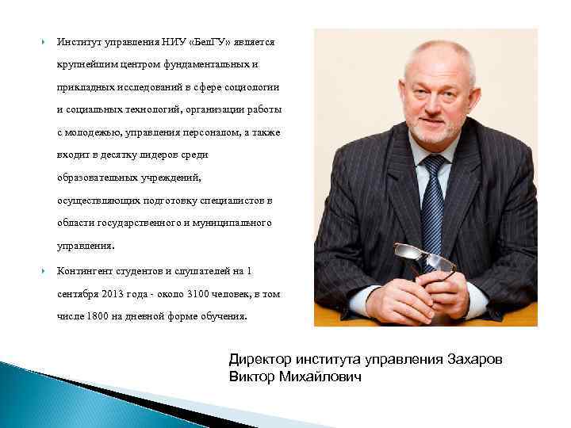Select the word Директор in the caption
[x=258, y=359]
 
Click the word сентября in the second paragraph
[x=79, y=293]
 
